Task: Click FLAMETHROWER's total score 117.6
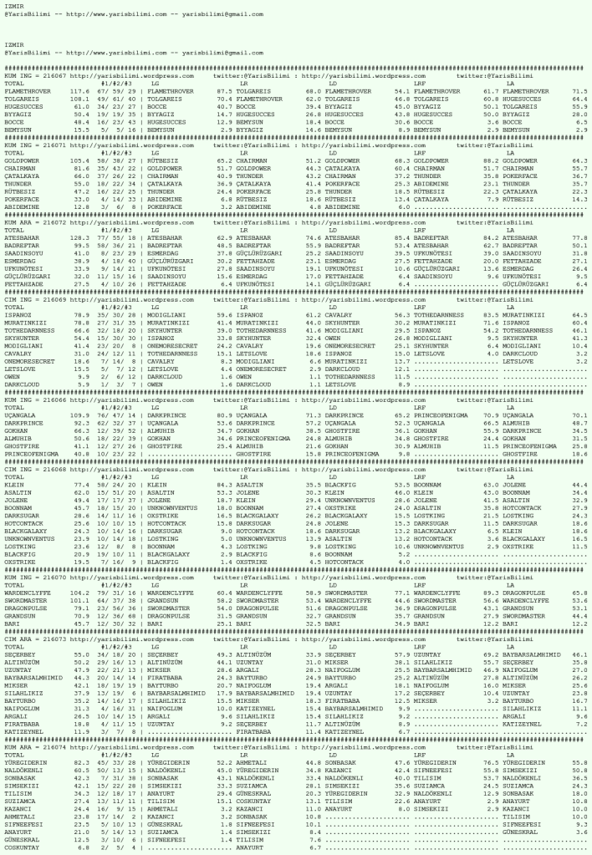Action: pyautogui.click(x=79, y=90)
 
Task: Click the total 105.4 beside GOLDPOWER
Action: pyautogui.click(x=79, y=158)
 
